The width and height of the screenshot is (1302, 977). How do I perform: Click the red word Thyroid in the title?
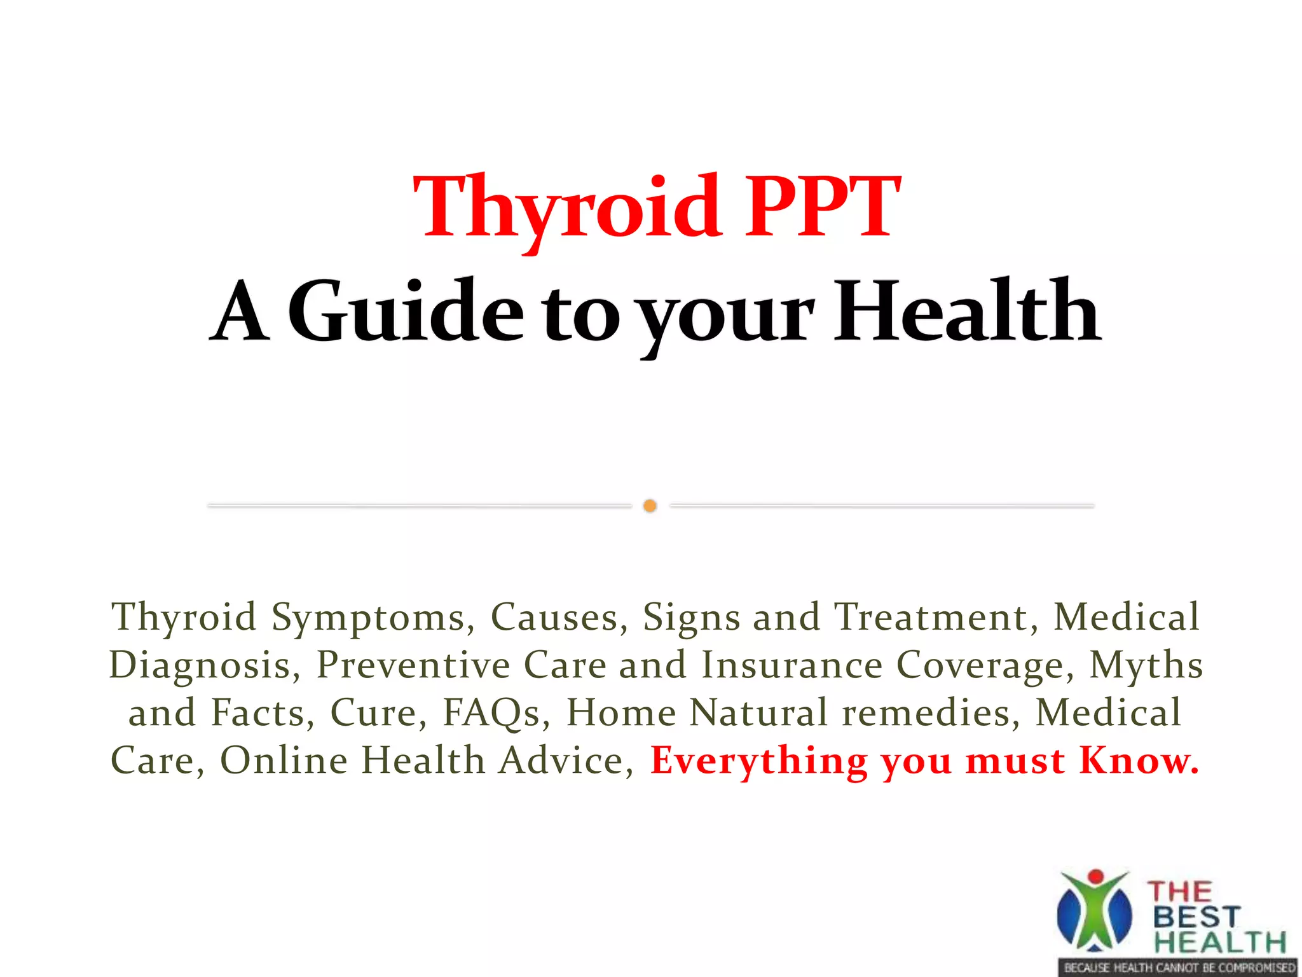tap(566, 209)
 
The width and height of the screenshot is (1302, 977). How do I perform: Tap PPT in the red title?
tap(823, 209)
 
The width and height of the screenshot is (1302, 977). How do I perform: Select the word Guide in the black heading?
tap(406, 312)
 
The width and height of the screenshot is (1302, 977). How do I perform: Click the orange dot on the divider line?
tap(650, 506)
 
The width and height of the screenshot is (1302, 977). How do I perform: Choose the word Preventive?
tap(413, 665)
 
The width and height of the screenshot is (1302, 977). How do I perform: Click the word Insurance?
tap(792, 665)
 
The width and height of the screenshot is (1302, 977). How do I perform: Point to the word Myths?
tap(1146, 665)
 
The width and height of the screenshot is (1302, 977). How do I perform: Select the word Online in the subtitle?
tap(284, 761)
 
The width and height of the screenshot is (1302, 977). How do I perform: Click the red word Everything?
tap(759, 761)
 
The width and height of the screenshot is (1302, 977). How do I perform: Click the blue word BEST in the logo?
tap(1196, 917)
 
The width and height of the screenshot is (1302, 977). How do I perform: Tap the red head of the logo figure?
tap(1096, 877)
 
